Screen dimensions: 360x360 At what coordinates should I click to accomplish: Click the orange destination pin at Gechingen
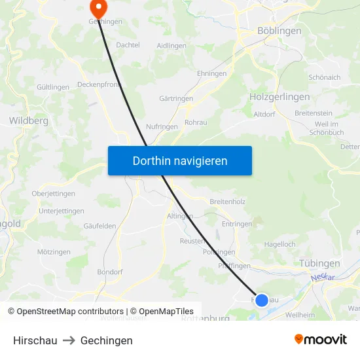pyautogui.click(x=99, y=9)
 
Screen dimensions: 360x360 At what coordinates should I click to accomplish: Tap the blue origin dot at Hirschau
pyautogui.click(x=261, y=300)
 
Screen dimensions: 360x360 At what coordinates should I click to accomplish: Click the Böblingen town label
pyautogui.click(x=279, y=31)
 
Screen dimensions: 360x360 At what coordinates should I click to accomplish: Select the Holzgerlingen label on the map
pyautogui.click(x=279, y=96)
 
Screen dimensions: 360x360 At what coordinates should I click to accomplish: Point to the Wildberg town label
pyautogui.click(x=28, y=120)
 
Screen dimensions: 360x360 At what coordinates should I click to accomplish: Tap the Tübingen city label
pyautogui.click(x=319, y=263)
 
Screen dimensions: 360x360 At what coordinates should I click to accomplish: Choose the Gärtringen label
pyautogui.click(x=176, y=98)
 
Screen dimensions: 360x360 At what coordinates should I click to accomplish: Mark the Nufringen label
pyautogui.click(x=162, y=126)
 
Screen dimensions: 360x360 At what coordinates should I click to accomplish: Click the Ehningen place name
pyautogui.click(x=211, y=73)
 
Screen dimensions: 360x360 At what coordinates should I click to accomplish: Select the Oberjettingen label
pyautogui.click(x=53, y=194)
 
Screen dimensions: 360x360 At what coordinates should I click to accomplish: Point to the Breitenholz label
pyautogui.click(x=227, y=202)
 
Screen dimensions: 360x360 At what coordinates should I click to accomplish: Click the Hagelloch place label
pyautogui.click(x=279, y=244)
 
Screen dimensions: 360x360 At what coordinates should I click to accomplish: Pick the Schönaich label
pyautogui.click(x=325, y=77)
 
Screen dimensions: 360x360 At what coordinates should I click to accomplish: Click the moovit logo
pyautogui.click(x=320, y=340)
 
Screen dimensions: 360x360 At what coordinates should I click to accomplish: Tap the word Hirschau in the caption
pyautogui.click(x=35, y=340)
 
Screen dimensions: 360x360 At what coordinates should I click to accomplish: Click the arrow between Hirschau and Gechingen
pyautogui.click(x=69, y=340)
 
